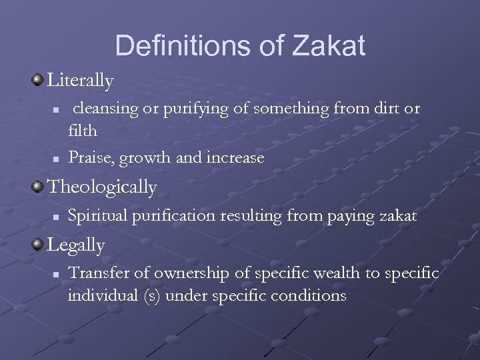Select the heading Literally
81,82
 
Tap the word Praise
91,157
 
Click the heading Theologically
101,188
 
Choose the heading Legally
76,246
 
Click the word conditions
311,295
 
